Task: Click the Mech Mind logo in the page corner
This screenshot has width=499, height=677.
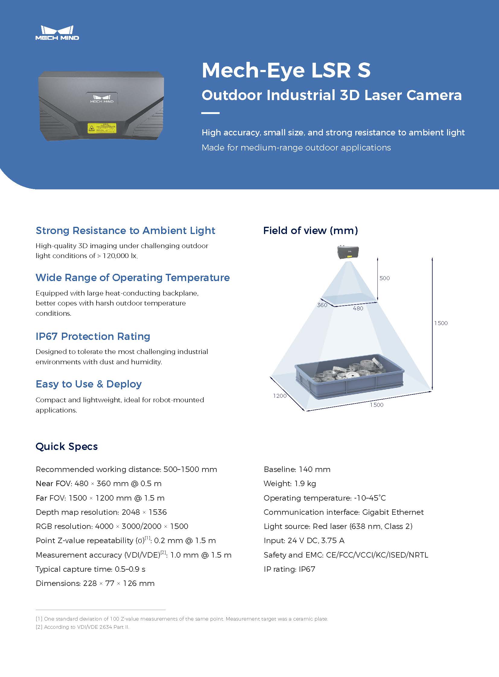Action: [x=57, y=33]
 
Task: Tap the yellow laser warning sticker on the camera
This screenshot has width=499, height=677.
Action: [x=102, y=128]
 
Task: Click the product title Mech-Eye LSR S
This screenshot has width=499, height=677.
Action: [x=286, y=70]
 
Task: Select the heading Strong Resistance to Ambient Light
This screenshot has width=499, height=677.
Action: [x=126, y=231]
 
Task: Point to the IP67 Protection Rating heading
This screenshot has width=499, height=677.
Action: [x=93, y=336]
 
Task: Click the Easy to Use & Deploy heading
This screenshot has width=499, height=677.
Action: [x=88, y=384]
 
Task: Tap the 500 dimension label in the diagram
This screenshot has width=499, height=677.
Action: [x=385, y=278]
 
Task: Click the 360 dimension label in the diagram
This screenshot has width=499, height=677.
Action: [x=322, y=305]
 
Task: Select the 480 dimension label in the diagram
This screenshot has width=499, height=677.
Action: [x=358, y=308]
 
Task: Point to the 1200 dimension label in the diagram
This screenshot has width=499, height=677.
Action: [x=280, y=396]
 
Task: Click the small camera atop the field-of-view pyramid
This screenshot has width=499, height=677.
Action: [x=348, y=252]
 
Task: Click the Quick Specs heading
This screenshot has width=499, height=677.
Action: [x=67, y=447]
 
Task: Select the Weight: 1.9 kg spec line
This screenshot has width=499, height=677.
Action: [x=290, y=484]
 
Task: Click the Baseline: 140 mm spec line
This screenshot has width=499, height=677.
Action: [x=297, y=469]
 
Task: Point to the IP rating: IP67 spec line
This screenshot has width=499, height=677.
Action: [x=289, y=569]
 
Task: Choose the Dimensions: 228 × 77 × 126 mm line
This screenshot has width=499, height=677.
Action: [x=95, y=584]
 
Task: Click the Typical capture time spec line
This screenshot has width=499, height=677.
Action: [x=90, y=569]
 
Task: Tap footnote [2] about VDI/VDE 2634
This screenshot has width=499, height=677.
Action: [x=82, y=627]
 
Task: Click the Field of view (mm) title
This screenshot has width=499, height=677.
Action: [x=310, y=231]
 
